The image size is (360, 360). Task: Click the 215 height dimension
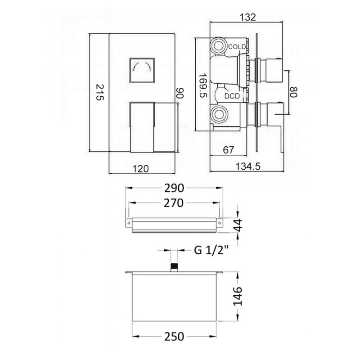pyautogui.click(x=100, y=92)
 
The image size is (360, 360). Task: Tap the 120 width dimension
pyautogui.click(x=141, y=169)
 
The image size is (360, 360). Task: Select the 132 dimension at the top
pyautogui.click(x=247, y=17)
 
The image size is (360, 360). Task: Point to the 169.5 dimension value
pyautogui.click(x=203, y=85)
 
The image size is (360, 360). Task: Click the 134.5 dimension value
pyautogui.click(x=248, y=166)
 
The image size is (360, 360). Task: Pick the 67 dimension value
pyautogui.click(x=228, y=150)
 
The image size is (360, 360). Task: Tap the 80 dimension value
pyautogui.click(x=294, y=92)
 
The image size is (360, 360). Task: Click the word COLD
pyautogui.click(x=237, y=47)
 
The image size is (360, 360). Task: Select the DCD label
pyautogui.click(x=232, y=96)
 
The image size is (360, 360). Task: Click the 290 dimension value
pyautogui.click(x=174, y=188)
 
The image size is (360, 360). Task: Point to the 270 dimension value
pyautogui.click(x=174, y=203)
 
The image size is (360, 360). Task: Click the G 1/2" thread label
pyautogui.click(x=211, y=250)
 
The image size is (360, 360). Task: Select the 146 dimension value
pyautogui.click(x=238, y=296)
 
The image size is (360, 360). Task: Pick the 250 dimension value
pyautogui.click(x=174, y=337)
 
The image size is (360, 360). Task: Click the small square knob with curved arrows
pyautogui.click(x=142, y=71)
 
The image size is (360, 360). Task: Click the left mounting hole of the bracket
pyautogui.click(x=129, y=223)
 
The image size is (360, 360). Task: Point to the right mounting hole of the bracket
pyautogui.click(x=220, y=223)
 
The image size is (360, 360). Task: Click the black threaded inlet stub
pyautogui.click(x=174, y=267)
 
